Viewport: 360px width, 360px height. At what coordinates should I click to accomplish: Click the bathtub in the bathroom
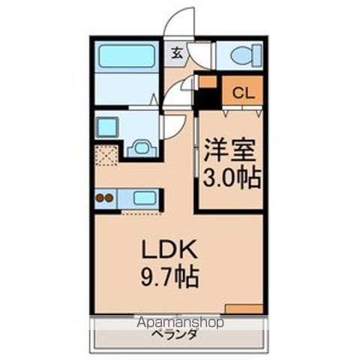coord(126,56)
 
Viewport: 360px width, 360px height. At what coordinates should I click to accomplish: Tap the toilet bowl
coord(244,54)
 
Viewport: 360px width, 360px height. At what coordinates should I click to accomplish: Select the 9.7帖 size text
coord(169,278)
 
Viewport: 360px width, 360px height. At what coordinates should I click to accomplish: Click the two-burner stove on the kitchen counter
coord(105,199)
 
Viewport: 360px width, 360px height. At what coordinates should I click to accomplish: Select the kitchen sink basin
coord(145,199)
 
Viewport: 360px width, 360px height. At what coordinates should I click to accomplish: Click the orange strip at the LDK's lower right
coord(243,308)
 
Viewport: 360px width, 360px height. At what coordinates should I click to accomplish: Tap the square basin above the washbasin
coord(107,127)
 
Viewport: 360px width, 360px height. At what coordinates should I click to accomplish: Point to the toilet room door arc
coord(201,54)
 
